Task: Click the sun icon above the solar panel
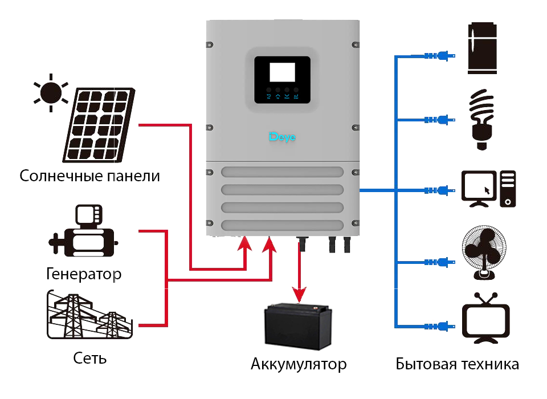coord(51,92)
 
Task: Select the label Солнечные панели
coord(89,176)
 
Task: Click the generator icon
coord(84,233)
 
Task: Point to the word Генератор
coord(84,274)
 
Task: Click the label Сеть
coord(90,359)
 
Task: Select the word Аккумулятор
coord(299,364)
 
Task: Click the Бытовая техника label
coord(458,364)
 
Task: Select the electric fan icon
coord(484,254)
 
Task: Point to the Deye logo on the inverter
coord(282,137)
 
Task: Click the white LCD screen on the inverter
coord(282,72)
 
